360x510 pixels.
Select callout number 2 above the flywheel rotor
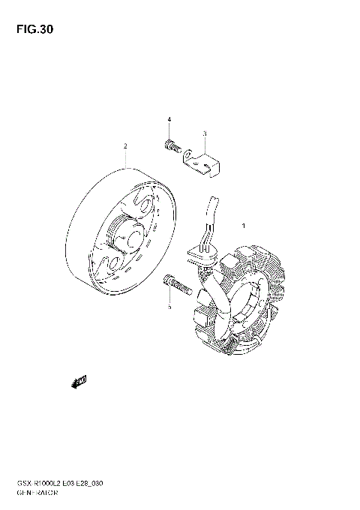tap(126, 146)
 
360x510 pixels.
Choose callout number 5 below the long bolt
tap(169, 306)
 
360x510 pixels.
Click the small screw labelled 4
tap(170, 147)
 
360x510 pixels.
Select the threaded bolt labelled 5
tap(175, 283)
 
